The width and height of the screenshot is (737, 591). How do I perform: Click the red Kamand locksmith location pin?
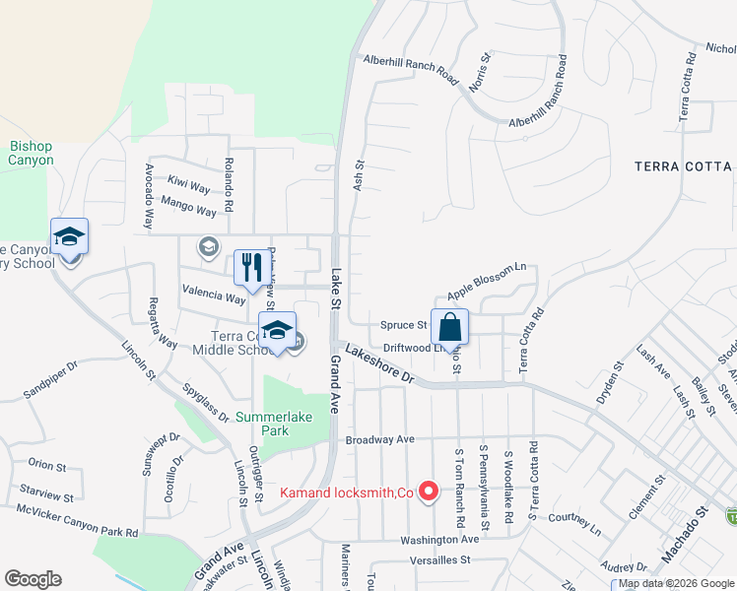429,491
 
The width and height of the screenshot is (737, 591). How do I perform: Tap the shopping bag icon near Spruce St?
449,326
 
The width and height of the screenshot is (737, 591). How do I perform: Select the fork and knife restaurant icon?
250,267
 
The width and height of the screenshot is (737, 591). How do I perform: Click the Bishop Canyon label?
31,153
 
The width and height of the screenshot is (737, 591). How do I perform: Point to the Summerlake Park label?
274,424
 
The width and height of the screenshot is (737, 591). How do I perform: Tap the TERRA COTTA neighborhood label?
684,166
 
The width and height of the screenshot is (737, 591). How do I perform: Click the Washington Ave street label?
439,540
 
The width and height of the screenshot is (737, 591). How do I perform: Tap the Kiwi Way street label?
188,185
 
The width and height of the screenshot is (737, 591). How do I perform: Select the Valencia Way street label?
212,296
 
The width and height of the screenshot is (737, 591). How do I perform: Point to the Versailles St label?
440,559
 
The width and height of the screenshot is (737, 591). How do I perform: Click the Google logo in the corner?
33,579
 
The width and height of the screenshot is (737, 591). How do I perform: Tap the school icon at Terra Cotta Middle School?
278,330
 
